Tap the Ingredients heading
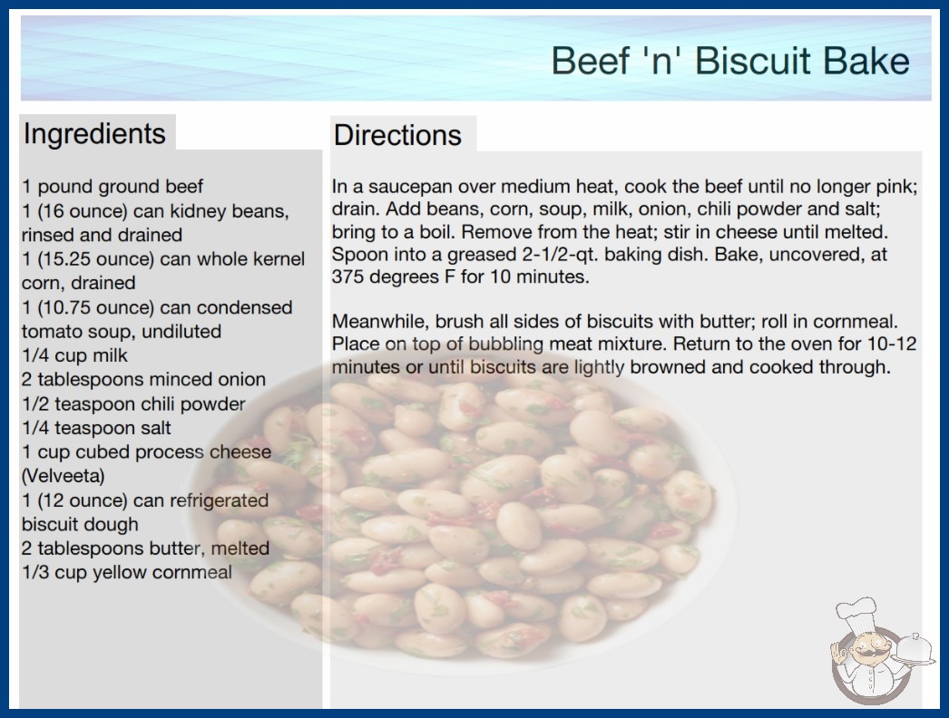[x=94, y=133]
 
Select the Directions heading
[x=397, y=135]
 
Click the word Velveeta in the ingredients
[x=63, y=476]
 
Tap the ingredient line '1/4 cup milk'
[x=74, y=355]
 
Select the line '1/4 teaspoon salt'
[x=96, y=428]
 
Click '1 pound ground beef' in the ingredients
[x=113, y=187]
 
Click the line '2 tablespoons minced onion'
[x=143, y=379]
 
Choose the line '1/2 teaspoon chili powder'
[x=133, y=403]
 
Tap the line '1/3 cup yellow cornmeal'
[x=126, y=572]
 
